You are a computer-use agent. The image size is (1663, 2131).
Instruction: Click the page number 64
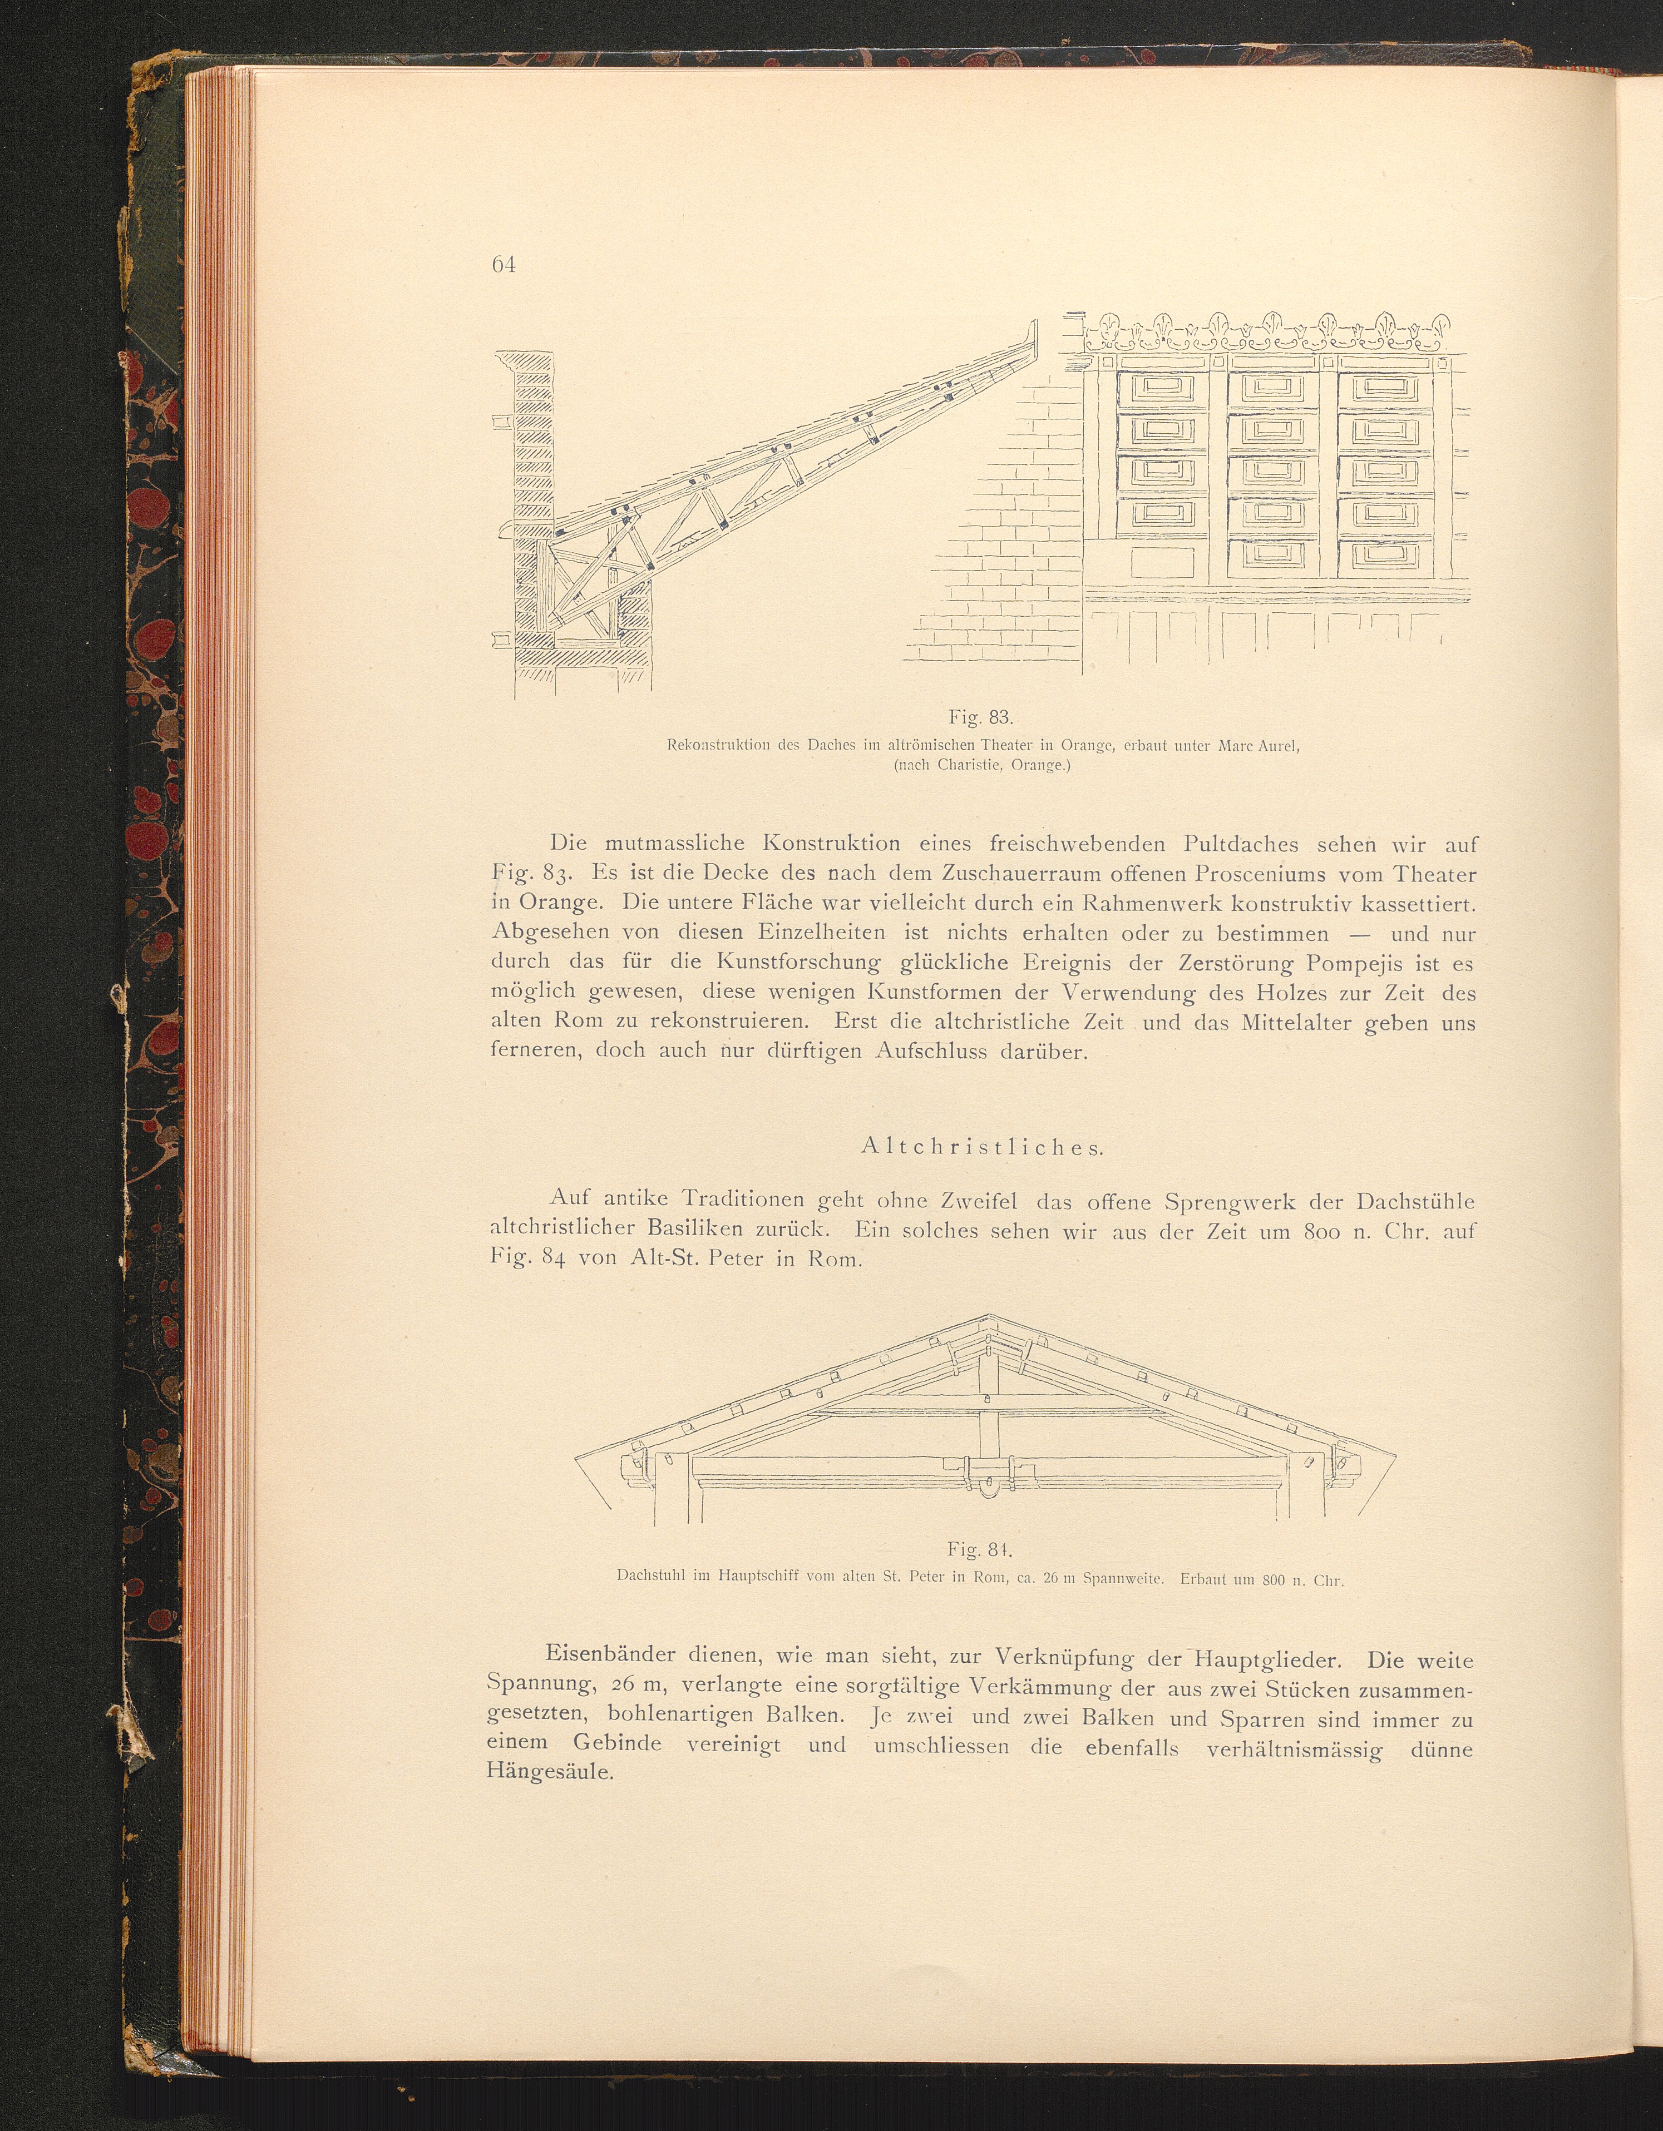504,264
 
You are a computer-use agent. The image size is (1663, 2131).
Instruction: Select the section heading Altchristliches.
982,1147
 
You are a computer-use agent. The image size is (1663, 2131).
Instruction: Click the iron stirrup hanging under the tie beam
989,1489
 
